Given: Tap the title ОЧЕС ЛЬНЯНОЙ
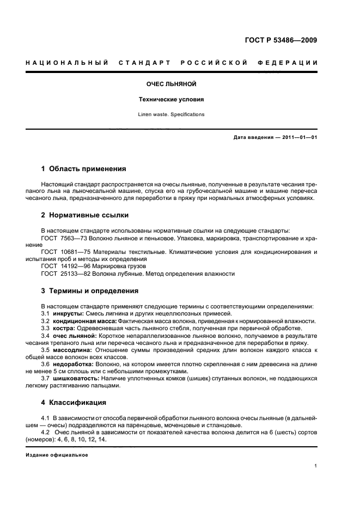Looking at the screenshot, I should pos(171,84).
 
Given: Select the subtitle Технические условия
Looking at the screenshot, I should pos(171,100).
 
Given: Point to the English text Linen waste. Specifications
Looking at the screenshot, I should pos(171,114).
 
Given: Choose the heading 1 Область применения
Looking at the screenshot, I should pos(84,169).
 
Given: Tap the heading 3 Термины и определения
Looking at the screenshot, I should pos(90,290).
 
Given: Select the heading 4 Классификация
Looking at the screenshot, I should pos(76,403).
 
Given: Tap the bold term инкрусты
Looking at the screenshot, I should pos(68,314).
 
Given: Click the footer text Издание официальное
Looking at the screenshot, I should pos(57,454).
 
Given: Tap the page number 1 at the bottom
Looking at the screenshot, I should pos(315,466).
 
